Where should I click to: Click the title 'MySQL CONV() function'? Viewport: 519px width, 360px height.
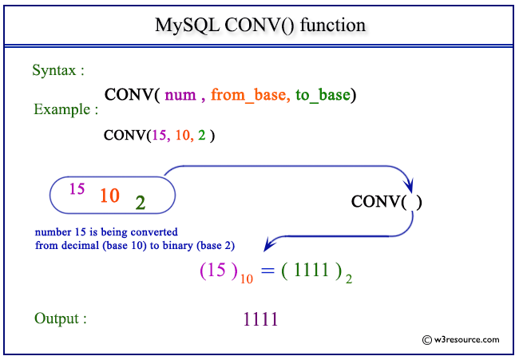click(x=259, y=25)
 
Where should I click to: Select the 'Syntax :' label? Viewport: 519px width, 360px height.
click(x=58, y=70)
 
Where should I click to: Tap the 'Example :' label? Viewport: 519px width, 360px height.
click(x=66, y=109)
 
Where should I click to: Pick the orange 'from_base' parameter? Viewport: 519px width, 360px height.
click(x=249, y=96)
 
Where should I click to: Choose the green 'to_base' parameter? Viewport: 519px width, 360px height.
click(x=323, y=96)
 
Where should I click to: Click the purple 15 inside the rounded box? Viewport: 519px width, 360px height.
click(x=77, y=189)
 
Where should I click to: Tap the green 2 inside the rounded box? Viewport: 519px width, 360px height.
click(x=141, y=203)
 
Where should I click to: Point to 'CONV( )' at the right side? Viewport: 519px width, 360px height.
click(x=386, y=202)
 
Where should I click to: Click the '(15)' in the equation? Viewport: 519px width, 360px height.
click(x=218, y=271)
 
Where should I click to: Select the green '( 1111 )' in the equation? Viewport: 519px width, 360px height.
click(x=311, y=271)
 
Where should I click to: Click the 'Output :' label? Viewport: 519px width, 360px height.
click(x=61, y=318)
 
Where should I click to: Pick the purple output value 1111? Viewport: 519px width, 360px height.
click(x=260, y=320)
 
